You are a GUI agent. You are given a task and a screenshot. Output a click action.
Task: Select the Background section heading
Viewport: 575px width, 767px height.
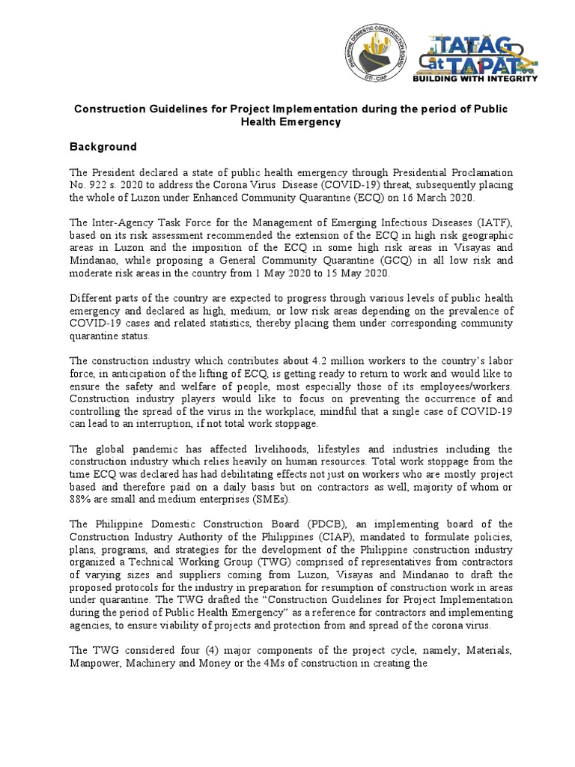click(x=103, y=147)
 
